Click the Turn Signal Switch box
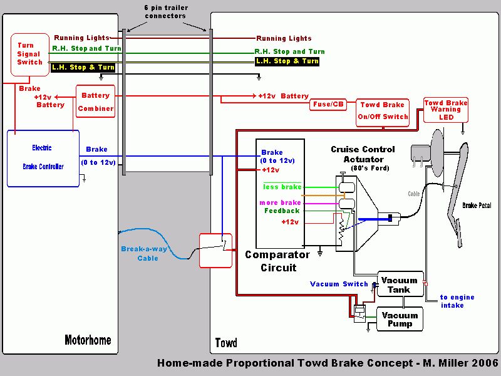pos(30,54)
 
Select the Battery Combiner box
pos(96,102)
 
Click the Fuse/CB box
pos(328,105)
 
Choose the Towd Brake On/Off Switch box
pos(383,110)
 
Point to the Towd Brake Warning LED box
pos(445,110)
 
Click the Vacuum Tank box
pos(400,285)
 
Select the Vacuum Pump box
pos(400,320)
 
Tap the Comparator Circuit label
pos(277,261)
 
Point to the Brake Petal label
pos(477,206)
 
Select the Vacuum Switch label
pos(339,284)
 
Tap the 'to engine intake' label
pos(457,301)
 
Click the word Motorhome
pos(88,340)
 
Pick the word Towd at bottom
pos(226,343)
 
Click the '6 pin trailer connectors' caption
pos(165,12)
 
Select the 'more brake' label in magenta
pos(280,203)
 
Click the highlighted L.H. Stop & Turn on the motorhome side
pos(83,67)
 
